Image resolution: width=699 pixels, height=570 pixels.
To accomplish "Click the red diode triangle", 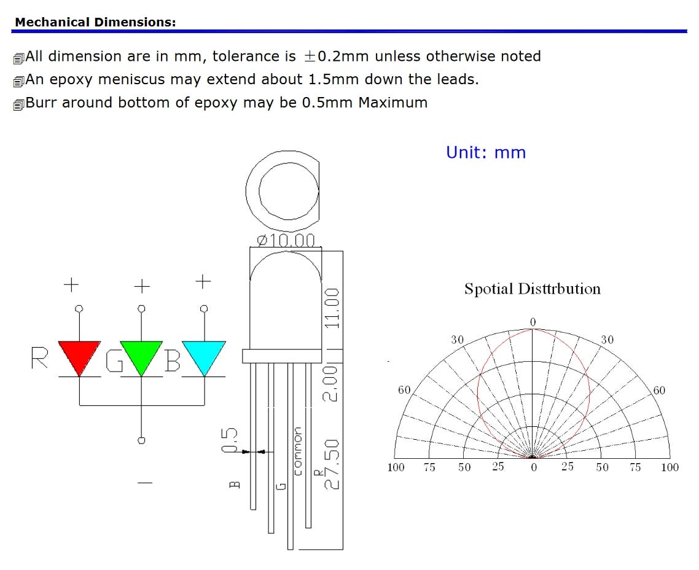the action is [79, 356].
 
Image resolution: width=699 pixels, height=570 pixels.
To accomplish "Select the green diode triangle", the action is [141, 356].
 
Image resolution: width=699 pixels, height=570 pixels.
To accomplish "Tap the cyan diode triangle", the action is [204, 356].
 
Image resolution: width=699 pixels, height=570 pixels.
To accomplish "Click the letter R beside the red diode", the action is [39, 358].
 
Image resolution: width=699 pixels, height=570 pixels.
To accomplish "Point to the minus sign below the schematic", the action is [145, 482].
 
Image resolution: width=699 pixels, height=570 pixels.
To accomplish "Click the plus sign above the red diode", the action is [71, 284].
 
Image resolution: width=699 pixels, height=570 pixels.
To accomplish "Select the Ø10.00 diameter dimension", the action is [286, 241].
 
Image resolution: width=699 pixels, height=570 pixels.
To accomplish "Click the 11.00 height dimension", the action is [332, 308].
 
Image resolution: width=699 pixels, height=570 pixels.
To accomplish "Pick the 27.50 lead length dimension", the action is [332, 464].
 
